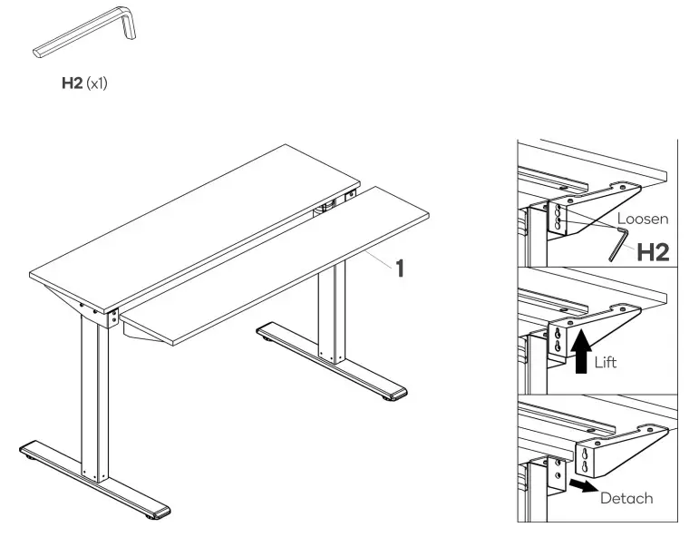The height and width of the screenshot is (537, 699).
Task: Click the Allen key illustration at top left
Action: coord(86,35)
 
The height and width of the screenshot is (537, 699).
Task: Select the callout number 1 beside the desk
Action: coord(398,269)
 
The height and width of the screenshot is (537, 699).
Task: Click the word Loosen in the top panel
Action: coord(643,220)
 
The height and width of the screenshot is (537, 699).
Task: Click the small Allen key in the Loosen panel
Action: coord(618,243)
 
